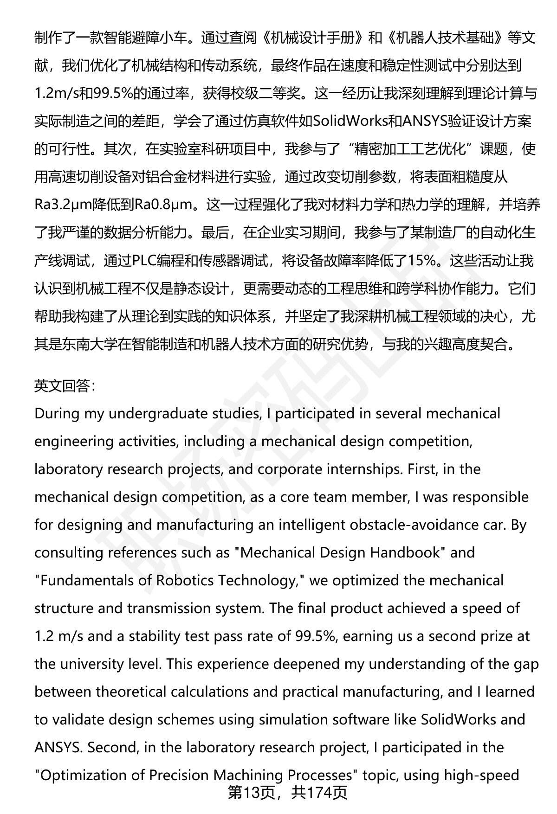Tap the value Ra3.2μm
point(63,205)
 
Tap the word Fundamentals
point(81,581)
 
